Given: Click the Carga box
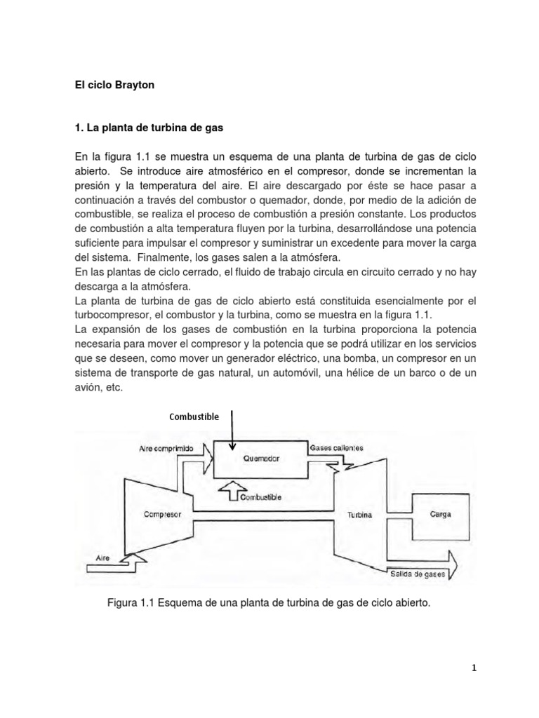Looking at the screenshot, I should [x=439, y=514].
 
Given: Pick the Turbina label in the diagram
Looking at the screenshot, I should [x=359, y=515].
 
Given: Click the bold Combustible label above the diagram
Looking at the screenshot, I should [x=194, y=416].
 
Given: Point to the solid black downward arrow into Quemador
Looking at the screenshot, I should [x=233, y=431].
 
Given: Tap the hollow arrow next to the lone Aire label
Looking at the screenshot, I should [x=136, y=559].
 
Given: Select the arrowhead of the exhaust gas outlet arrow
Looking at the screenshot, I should [x=452, y=560].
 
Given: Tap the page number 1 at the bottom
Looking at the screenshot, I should [x=474, y=668].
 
